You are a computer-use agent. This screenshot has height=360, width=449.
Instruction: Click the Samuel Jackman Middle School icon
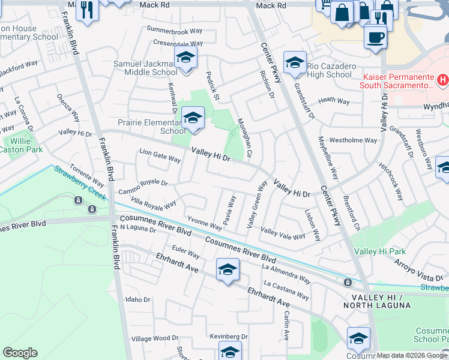tap(186, 59)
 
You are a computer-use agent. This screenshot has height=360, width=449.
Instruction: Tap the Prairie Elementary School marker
tap(193, 118)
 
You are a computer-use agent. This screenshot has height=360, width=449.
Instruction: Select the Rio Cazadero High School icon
tap(295, 62)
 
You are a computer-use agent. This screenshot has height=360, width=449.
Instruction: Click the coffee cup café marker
tap(376, 37)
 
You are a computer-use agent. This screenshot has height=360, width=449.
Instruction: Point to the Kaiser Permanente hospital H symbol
tap(443, 79)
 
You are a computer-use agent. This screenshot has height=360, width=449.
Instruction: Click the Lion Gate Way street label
tap(160, 156)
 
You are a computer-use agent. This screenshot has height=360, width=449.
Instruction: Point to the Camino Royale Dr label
tap(142, 187)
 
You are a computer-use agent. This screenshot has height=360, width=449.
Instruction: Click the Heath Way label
tap(334, 101)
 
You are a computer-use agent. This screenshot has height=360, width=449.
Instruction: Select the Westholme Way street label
tap(354, 140)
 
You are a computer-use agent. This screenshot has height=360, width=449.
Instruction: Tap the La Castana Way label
tap(286, 290)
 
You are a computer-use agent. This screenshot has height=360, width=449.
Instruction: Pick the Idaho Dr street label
tap(137, 299)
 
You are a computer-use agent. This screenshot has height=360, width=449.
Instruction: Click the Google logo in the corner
tap(20, 353)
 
